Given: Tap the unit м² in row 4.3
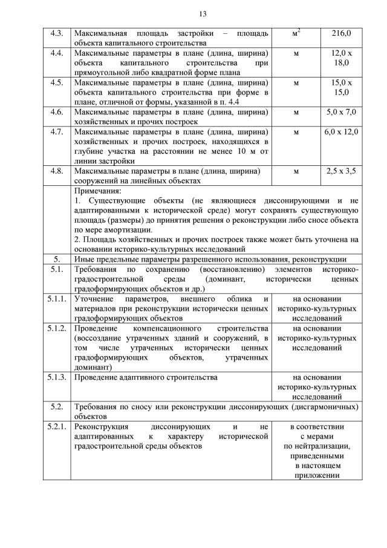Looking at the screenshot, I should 296,33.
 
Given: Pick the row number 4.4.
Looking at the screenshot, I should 56,53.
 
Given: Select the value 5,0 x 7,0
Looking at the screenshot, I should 341,112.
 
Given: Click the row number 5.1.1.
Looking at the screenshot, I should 56,299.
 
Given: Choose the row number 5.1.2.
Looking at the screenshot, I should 56,328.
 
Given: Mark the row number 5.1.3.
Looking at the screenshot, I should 56,377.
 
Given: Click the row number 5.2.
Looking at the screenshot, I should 56,406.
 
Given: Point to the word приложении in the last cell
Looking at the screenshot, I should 317,475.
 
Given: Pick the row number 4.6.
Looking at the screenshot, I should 56,112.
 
